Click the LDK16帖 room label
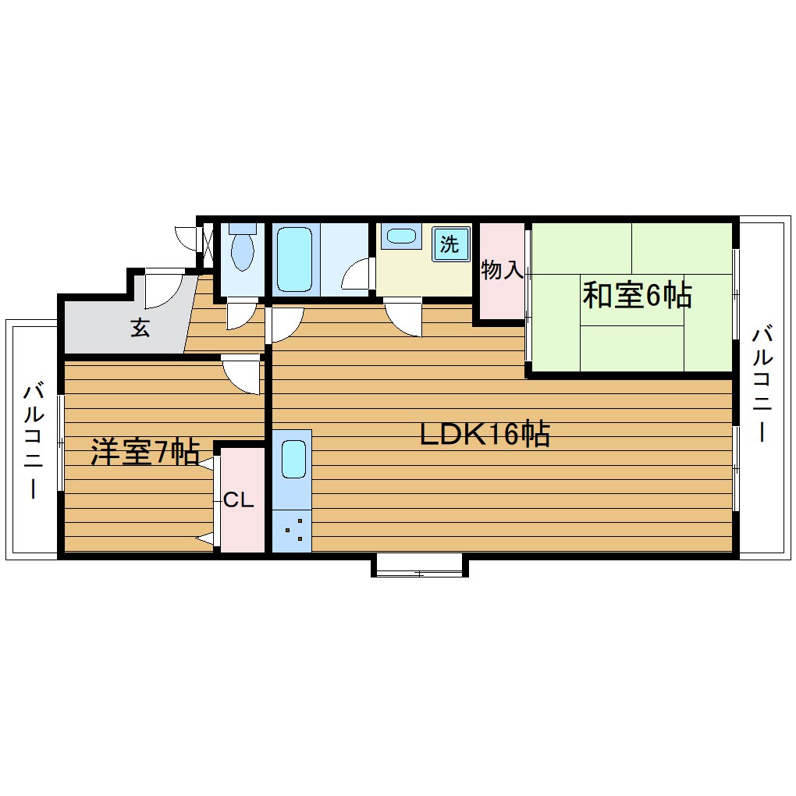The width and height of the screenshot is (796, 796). [485, 435]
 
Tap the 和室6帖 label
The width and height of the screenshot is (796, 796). [637, 295]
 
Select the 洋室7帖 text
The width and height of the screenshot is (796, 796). [144, 452]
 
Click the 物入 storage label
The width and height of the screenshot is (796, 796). [502, 271]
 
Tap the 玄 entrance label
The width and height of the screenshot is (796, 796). [140, 329]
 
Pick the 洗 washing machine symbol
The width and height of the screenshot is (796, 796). [450, 244]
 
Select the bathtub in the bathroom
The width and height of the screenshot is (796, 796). [294, 258]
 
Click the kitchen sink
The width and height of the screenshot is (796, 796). [293, 459]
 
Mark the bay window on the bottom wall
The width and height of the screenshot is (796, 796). [419, 564]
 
